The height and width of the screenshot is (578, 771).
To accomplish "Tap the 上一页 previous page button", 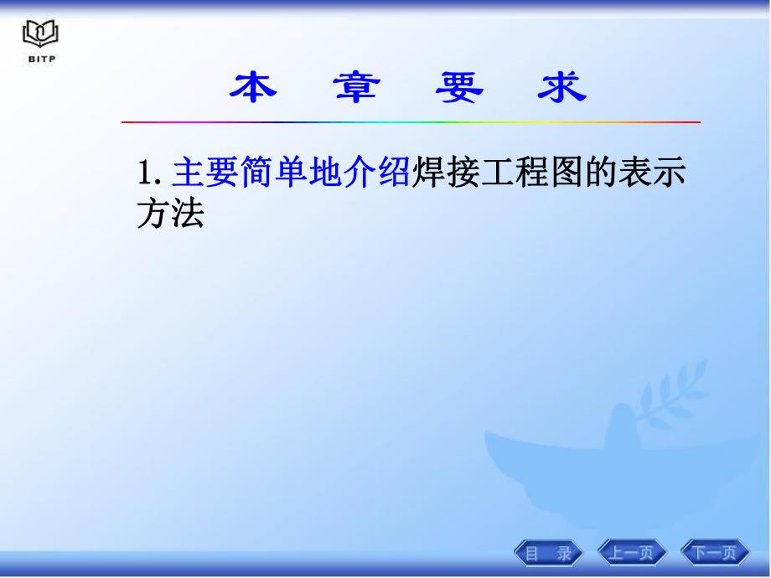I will coord(633,552).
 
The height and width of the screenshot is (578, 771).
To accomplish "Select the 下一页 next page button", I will coord(715,552).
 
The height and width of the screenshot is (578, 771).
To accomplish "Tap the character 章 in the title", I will coord(355,88).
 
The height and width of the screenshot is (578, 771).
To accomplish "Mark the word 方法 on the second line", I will coord(170,214).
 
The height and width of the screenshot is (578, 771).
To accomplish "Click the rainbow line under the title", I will coord(411,122).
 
